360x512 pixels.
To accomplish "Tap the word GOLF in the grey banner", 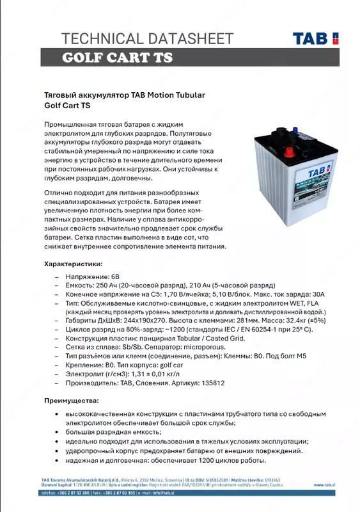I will pos(84,58).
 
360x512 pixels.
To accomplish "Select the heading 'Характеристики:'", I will pos(72,264).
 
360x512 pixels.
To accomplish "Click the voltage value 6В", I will pos(115,276).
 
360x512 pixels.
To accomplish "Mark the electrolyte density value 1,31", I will pos(137,373).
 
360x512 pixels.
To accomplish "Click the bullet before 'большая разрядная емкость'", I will pos(59,432).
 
